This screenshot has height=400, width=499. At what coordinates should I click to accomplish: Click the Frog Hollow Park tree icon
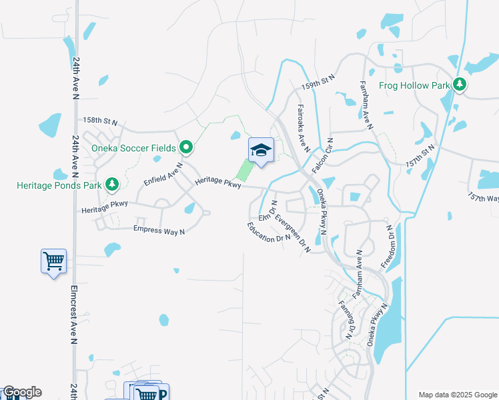(459, 85)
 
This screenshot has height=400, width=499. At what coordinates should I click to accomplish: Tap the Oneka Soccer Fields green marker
(186, 147)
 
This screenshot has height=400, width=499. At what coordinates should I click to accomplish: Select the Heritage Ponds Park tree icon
(111, 184)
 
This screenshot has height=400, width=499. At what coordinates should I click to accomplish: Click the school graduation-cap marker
(261, 151)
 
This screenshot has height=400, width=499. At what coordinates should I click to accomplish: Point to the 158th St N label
(100, 122)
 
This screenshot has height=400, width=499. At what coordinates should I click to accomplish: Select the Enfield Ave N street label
(163, 173)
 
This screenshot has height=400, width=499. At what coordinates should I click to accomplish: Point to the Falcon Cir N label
(321, 155)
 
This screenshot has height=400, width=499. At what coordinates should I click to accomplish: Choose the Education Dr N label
(269, 231)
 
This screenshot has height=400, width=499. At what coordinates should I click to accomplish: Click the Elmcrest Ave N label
(73, 315)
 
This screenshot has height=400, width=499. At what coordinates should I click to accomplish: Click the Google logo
(21, 392)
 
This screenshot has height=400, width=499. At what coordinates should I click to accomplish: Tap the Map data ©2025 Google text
(457, 395)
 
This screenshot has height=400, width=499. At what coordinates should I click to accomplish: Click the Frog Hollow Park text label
(414, 85)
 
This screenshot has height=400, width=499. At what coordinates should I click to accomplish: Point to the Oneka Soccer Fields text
(133, 147)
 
